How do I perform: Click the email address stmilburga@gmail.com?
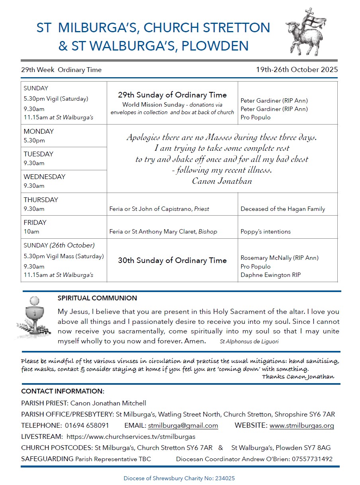point(183,425)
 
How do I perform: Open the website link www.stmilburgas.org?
point(301,425)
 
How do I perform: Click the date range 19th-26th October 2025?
point(297,70)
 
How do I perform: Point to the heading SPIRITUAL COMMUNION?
point(97,298)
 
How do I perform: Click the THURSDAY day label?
point(41,200)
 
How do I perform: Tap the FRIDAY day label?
point(35,222)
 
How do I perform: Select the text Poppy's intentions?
point(266,232)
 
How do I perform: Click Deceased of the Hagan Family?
point(283,209)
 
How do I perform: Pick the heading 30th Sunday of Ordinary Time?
point(172,261)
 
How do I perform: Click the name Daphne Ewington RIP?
point(270,275)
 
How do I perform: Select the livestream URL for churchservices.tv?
point(131,436)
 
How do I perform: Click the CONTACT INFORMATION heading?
point(63,391)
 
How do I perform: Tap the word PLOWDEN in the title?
point(215,45)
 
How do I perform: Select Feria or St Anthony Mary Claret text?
point(163,232)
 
